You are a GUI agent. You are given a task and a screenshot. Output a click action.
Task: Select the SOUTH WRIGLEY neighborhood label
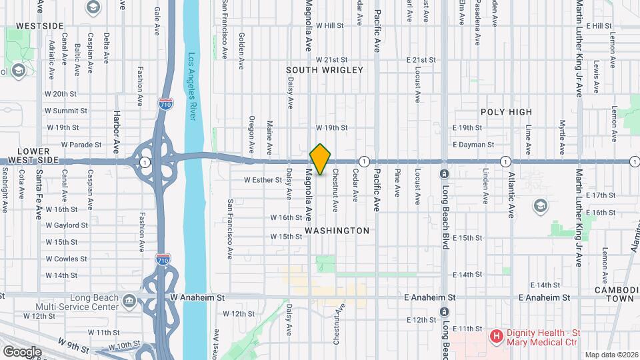(325, 70)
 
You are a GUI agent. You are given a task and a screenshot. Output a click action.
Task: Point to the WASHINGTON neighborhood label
(337, 231)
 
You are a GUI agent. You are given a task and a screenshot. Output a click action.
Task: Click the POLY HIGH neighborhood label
(507, 112)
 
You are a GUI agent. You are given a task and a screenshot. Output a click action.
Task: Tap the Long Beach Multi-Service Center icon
(129, 301)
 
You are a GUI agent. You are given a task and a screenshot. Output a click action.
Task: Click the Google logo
(22, 351)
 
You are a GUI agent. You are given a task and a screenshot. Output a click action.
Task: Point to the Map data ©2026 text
(611, 355)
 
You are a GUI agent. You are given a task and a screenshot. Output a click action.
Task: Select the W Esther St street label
(263, 180)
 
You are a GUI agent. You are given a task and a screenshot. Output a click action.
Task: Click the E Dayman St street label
(473, 144)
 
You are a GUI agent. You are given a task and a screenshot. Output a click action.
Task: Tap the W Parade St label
(81, 144)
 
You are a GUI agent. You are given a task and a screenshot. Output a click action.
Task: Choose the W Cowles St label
(66, 259)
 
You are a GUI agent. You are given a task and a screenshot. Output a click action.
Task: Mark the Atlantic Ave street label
(511, 200)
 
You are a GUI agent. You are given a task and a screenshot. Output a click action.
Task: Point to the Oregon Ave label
(251, 134)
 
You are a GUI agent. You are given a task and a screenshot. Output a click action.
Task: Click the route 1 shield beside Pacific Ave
(364, 161)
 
